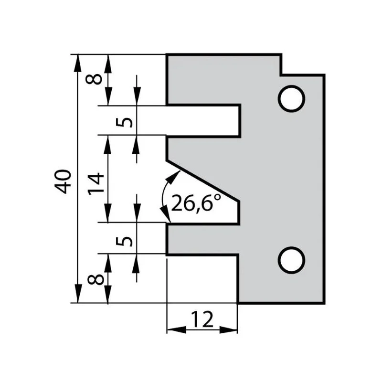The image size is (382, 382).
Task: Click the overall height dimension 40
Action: tap(63, 181)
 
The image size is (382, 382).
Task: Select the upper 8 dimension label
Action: tap(94, 79)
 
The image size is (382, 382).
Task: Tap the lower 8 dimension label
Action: tap(95, 279)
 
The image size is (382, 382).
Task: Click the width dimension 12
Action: tap(202, 319)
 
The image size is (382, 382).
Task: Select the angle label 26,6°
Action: tap(196, 202)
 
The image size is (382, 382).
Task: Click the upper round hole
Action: tap(291, 99)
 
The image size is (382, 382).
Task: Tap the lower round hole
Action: tap(291, 260)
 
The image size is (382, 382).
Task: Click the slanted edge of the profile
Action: tap(203, 181)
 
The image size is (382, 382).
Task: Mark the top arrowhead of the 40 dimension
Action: tap(77, 63)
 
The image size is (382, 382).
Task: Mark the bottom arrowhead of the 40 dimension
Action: tap(77, 294)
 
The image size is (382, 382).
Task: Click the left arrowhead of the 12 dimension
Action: tap(176, 330)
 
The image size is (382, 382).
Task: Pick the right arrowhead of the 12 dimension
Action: tap(228, 330)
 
